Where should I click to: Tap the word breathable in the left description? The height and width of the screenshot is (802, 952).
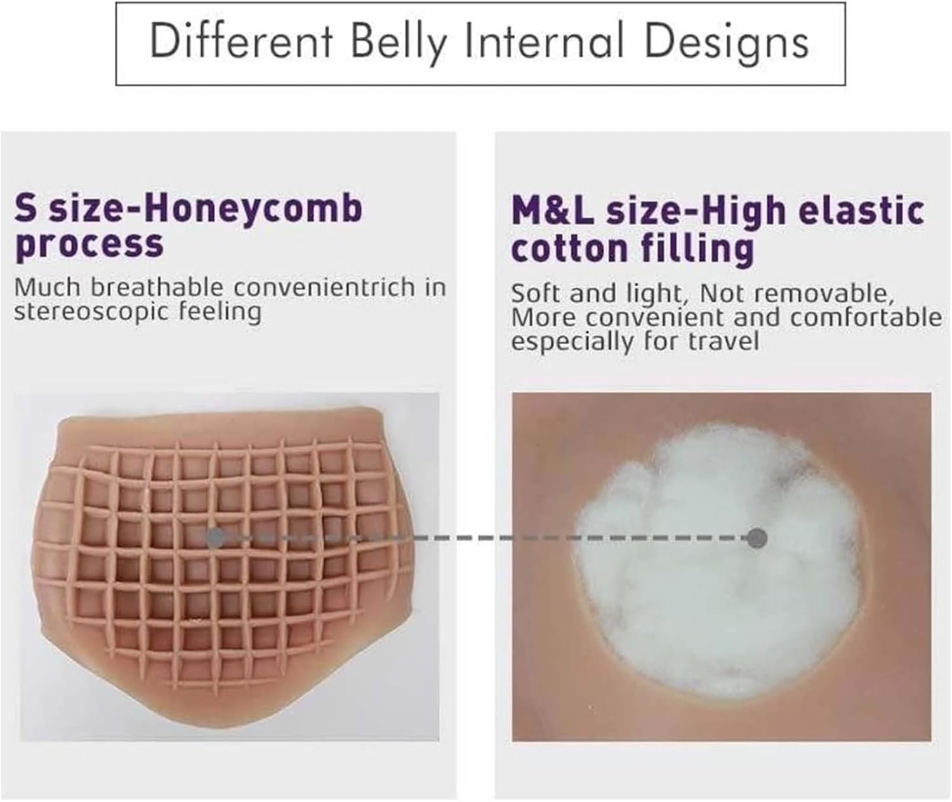[x=157, y=288]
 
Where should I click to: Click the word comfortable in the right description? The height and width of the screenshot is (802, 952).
[x=866, y=317]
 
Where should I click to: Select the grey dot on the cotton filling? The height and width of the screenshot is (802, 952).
[x=757, y=538]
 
